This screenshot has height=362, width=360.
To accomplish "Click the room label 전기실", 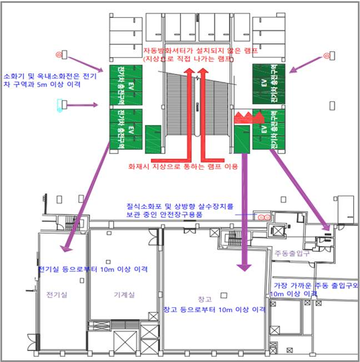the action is coord(57,295).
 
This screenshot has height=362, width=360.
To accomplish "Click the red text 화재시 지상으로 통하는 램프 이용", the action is coord(183,167).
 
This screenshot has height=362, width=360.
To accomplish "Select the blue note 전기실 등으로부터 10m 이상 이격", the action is coord(93,269).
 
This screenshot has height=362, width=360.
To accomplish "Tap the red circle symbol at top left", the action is coord(58,55).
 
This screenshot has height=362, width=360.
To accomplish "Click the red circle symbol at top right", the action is coord(326,56).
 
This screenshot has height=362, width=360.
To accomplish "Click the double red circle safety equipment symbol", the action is coord(262,215).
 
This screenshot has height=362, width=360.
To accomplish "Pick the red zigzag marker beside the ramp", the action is coord(248,117).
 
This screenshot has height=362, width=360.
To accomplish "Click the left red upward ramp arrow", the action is coord(190,112).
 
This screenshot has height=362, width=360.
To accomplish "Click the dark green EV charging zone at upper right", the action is coord(269,84).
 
